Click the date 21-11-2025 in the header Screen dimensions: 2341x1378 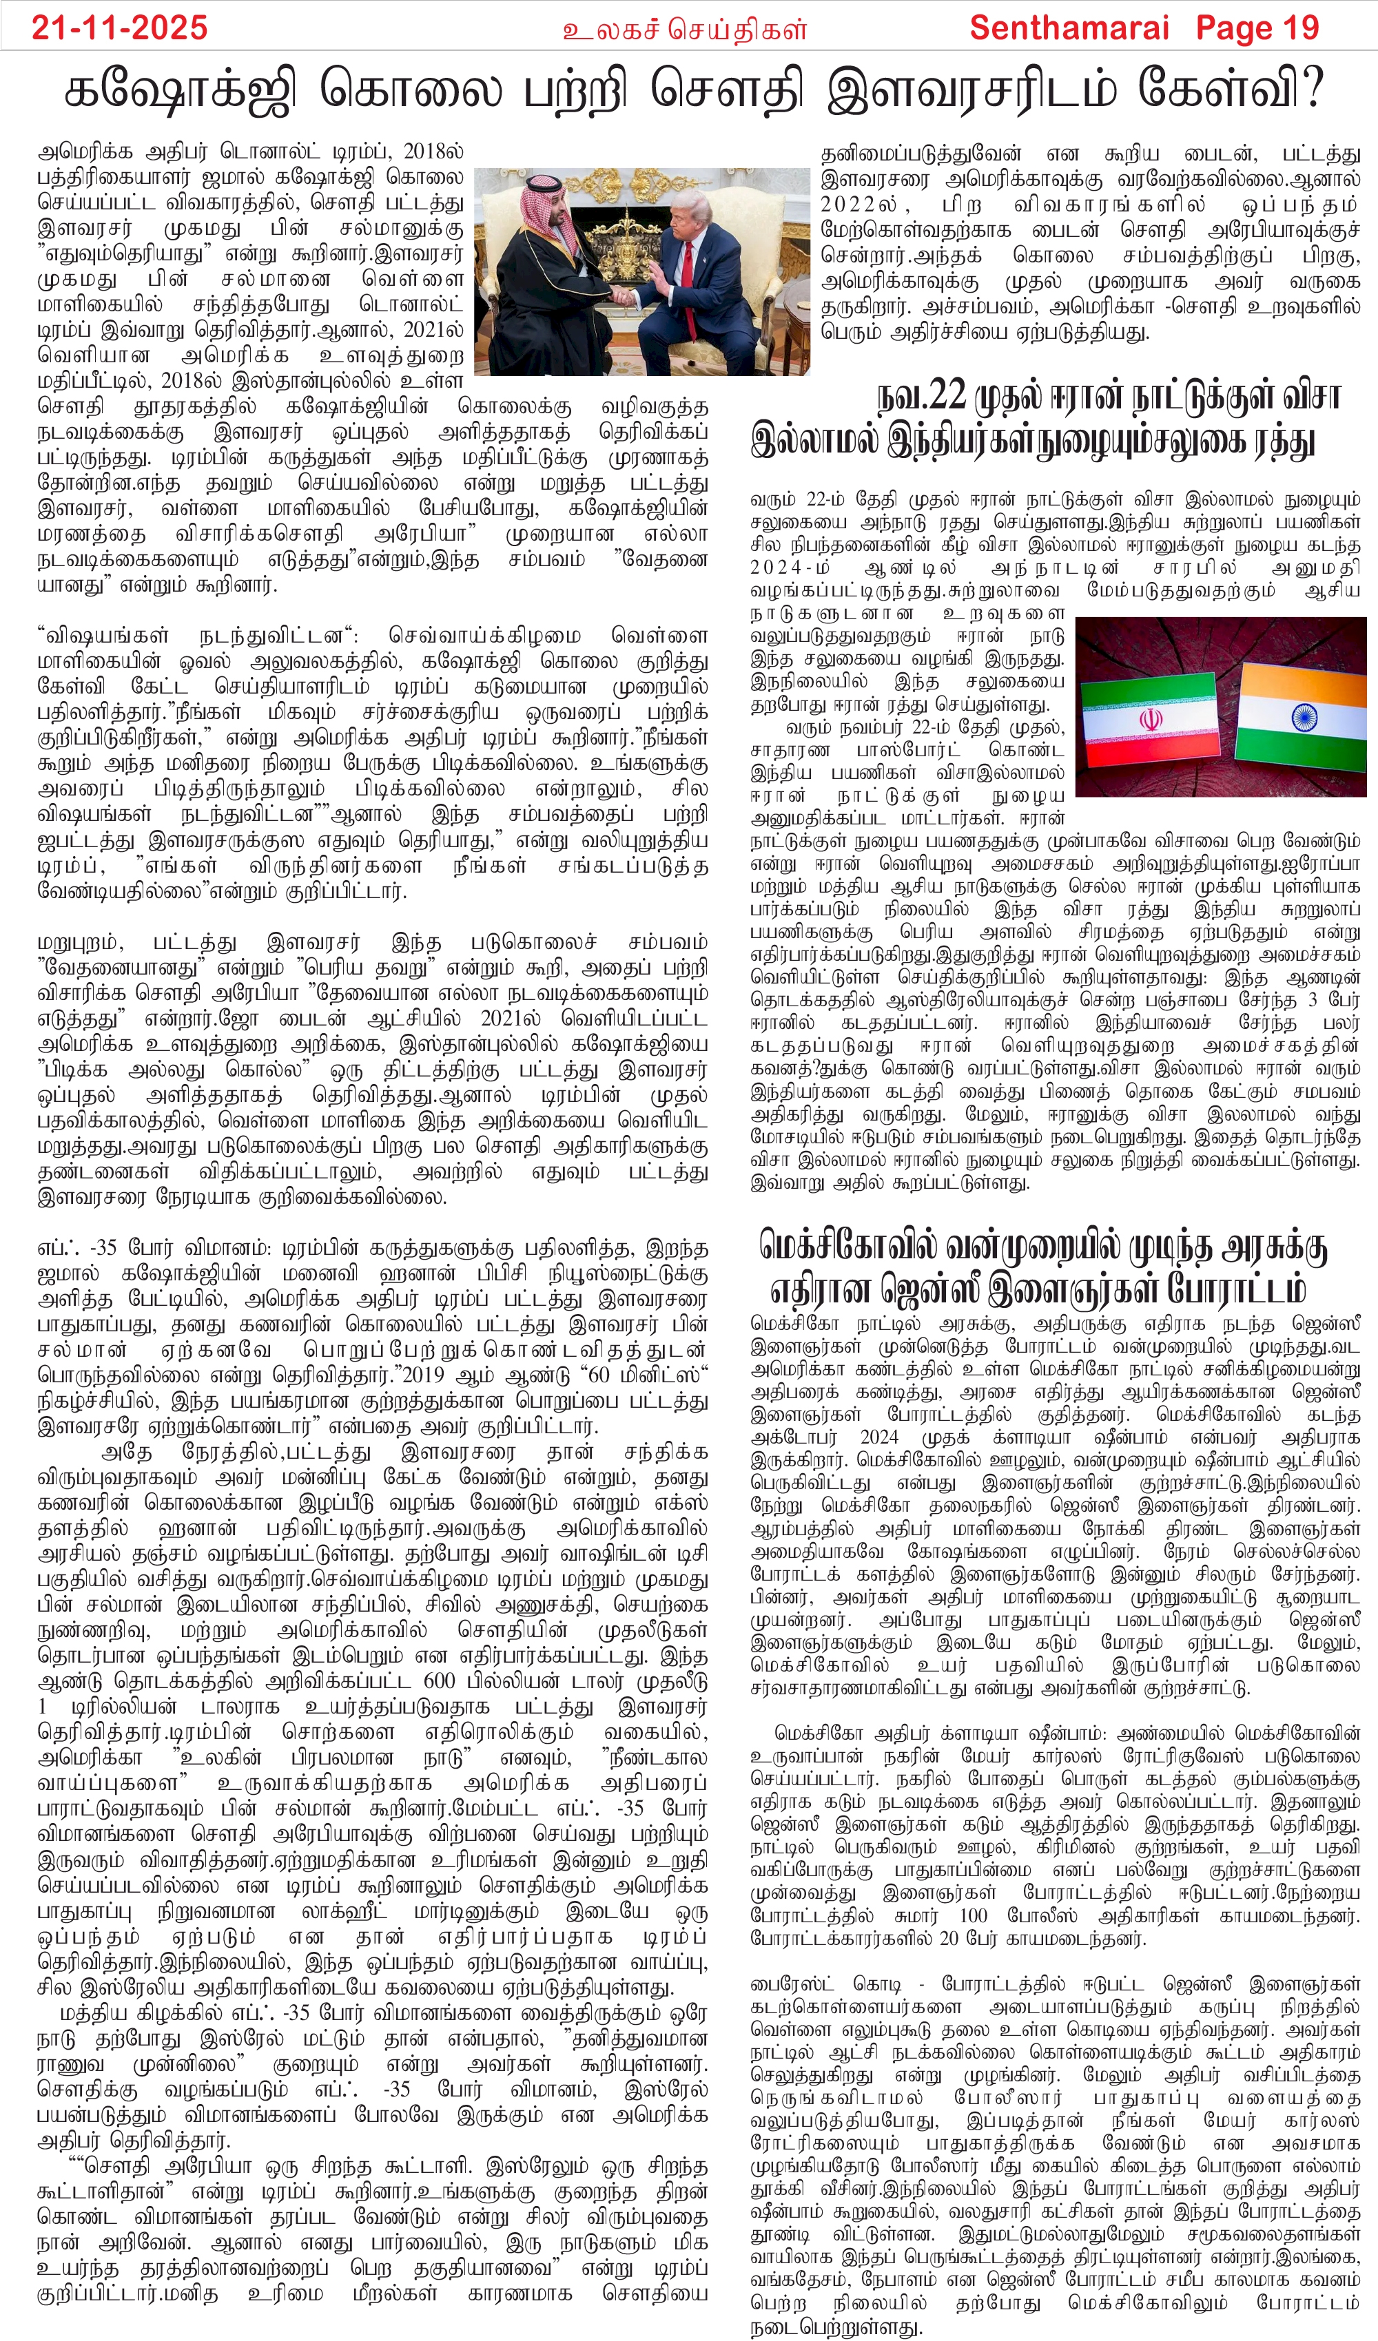(119, 28)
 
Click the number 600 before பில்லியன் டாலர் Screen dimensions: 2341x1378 (440, 1681)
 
